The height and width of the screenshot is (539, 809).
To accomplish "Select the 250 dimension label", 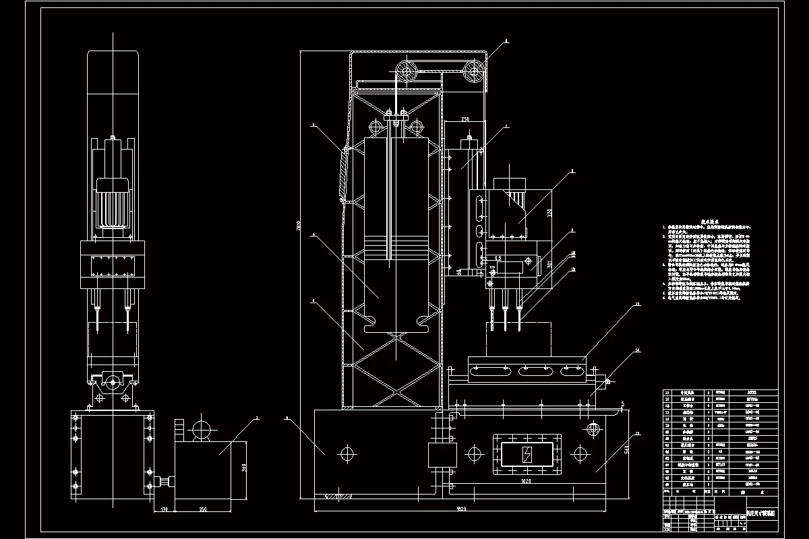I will [465, 119].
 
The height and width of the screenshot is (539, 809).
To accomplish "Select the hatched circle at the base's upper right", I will [593, 429].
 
